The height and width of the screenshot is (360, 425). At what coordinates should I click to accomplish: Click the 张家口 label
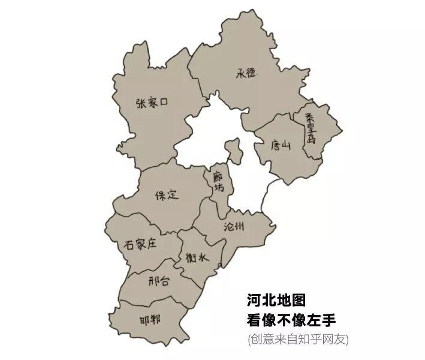(x=152, y=103)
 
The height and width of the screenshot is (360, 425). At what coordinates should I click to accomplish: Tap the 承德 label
(x=246, y=73)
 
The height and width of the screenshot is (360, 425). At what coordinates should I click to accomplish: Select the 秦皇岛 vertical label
(x=311, y=128)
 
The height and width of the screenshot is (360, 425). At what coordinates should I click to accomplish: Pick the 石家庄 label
(x=140, y=244)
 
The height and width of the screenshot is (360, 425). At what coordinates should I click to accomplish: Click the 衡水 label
(x=196, y=258)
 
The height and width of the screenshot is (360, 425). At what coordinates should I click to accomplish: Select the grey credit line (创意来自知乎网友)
(x=297, y=340)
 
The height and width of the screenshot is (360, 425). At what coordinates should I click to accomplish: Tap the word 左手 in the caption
(x=328, y=320)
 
